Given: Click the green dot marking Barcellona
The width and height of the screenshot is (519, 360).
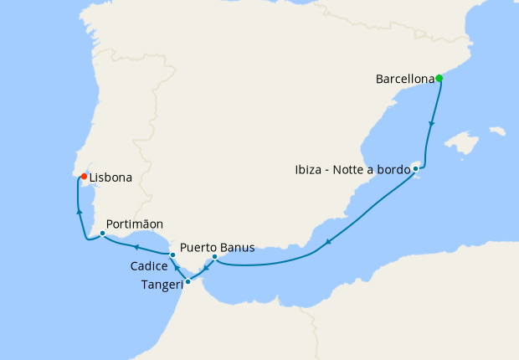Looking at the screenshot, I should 439,79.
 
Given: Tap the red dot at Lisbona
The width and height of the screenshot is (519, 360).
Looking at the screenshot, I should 84,176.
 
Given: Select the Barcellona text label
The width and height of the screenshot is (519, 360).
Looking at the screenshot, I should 405,80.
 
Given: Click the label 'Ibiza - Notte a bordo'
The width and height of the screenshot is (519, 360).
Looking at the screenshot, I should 352,170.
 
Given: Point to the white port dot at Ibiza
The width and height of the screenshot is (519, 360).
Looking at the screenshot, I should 415,169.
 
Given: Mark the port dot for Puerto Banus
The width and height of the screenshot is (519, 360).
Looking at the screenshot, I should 214,257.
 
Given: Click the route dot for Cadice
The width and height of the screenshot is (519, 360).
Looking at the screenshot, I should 172,254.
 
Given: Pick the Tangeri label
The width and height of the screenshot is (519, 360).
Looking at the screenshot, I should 159,284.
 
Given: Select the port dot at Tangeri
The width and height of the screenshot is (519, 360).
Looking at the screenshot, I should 188,281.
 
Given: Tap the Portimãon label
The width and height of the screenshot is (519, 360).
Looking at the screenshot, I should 135,224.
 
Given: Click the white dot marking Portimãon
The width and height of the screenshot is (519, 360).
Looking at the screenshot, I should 102,234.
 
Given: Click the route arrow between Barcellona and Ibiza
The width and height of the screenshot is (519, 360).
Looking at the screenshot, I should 432,123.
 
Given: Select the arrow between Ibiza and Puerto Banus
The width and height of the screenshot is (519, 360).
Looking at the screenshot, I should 329,242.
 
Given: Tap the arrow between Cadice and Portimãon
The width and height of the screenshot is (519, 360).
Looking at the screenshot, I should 136,246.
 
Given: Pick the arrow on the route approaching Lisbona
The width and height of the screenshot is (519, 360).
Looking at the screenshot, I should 79,213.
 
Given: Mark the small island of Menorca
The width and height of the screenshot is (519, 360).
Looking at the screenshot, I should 497,131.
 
